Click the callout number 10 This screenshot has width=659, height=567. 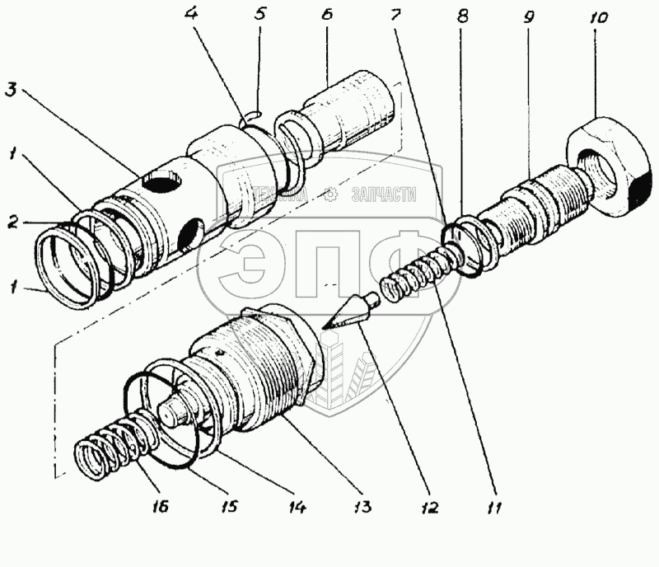(x=599, y=17)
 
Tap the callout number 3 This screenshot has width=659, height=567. (x=12, y=89)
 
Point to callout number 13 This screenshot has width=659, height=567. (x=362, y=507)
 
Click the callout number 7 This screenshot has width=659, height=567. (x=396, y=15)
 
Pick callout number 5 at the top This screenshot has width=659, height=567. (x=260, y=13)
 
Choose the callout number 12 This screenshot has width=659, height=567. (x=430, y=508)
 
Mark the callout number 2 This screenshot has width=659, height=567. (x=13, y=222)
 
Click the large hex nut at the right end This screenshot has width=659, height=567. (x=610, y=167)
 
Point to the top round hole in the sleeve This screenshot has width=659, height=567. (x=162, y=181)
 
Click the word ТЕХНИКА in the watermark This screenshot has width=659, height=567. (x=281, y=194)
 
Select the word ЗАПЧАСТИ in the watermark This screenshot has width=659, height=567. (x=384, y=194)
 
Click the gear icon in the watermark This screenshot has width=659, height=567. (x=330, y=194)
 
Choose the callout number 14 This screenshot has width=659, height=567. (x=297, y=507)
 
